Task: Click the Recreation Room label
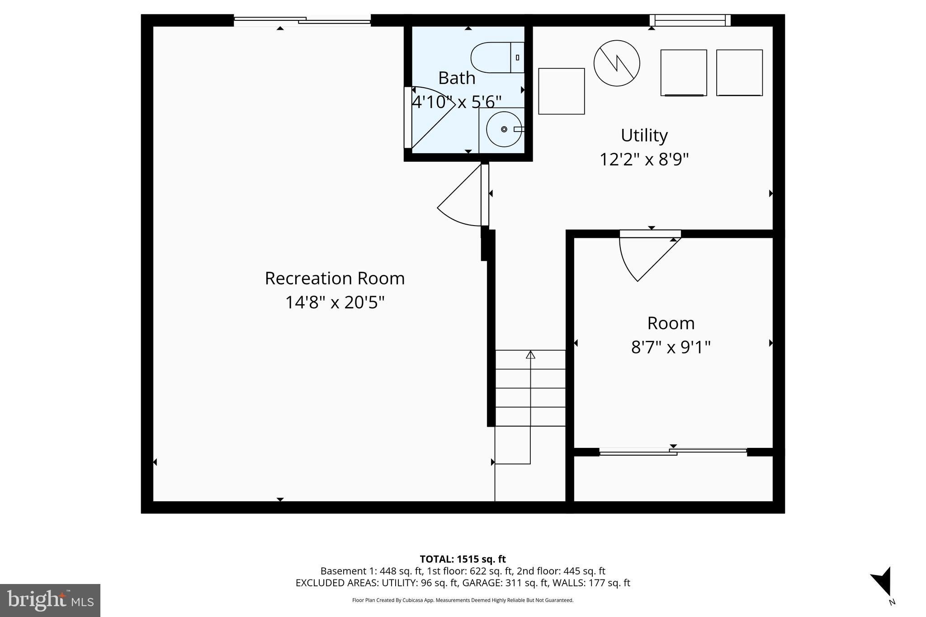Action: [x=335, y=278]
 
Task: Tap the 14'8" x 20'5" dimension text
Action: [x=335, y=302]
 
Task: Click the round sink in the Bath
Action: [x=504, y=129]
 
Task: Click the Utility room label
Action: [x=644, y=135]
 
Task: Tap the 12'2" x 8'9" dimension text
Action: [x=644, y=159]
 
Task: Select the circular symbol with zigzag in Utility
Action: [x=616, y=63]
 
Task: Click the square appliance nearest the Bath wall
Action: [x=561, y=91]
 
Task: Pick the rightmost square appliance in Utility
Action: [x=739, y=72]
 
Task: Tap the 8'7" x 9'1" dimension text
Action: [x=671, y=347]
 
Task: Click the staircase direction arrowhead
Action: [x=530, y=355]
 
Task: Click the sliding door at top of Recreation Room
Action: [x=302, y=20]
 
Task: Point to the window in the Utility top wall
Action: [x=690, y=20]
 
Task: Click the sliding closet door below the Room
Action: [x=673, y=451]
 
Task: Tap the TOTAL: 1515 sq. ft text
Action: [x=463, y=559]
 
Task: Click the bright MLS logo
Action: [x=50, y=600]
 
